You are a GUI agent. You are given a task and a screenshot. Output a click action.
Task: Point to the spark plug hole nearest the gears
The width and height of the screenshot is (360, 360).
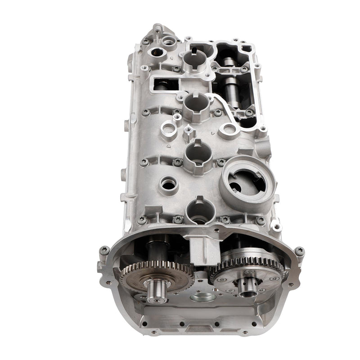point(198,207)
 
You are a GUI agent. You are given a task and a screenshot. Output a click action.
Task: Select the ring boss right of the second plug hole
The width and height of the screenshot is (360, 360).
point(229,130)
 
